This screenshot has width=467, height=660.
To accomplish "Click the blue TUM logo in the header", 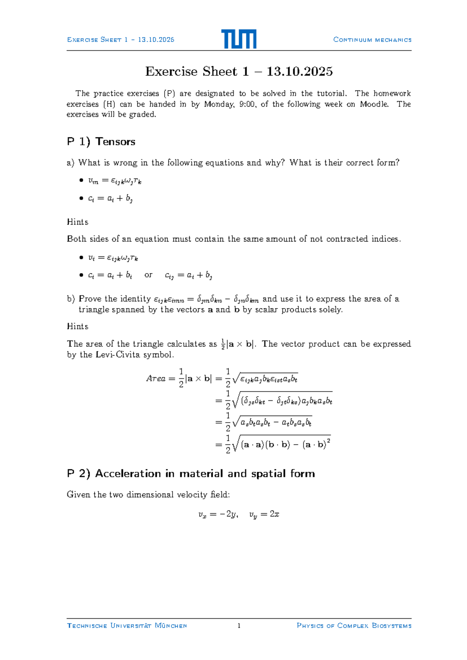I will click(239, 39).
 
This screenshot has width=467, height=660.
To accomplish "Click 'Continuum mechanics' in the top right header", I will click(372, 40).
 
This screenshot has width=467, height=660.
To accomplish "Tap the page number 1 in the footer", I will click(239, 626).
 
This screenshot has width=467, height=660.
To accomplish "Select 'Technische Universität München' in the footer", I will click(127, 626).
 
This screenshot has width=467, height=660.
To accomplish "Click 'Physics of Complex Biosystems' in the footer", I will click(354, 626).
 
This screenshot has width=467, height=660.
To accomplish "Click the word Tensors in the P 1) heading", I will click(115, 142).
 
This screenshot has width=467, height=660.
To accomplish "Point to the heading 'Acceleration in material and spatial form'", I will click(205, 474).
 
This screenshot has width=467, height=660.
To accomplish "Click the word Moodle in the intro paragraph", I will click(374, 104).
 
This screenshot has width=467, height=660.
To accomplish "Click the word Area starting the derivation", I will click(156, 378).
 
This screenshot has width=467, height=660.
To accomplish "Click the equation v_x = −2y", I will click(218, 514).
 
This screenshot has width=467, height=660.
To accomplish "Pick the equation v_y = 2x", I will click(264, 514).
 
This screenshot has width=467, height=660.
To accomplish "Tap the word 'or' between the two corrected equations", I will click(148, 275).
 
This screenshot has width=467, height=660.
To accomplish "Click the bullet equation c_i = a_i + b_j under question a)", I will click(110, 198).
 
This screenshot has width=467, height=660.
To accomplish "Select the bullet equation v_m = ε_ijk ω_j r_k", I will click(114, 181).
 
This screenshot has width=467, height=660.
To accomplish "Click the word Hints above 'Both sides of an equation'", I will click(77, 222).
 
